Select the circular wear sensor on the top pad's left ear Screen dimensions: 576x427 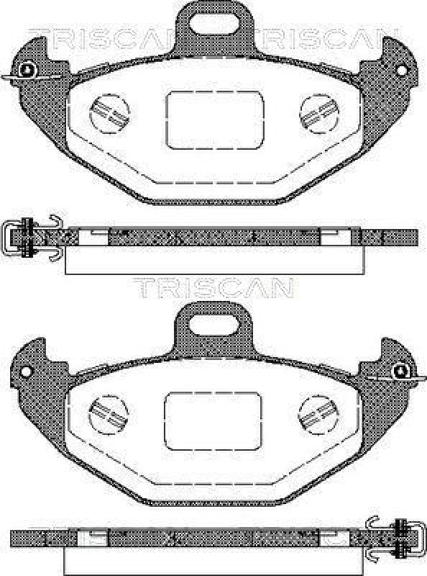tap(27, 70)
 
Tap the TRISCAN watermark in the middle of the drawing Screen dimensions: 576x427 tap(213, 287)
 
